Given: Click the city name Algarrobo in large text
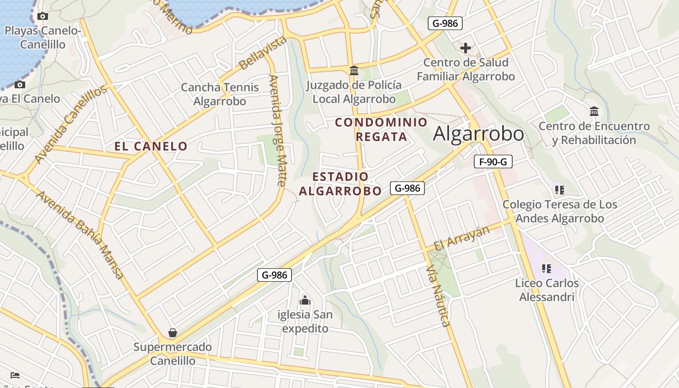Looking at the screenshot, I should [x=478, y=134].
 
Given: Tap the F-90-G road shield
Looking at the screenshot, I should [x=493, y=162].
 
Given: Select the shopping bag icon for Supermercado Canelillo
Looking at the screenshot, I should [x=172, y=333].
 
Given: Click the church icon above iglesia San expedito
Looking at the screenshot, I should [x=305, y=300].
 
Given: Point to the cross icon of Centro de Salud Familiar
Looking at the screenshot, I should [x=466, y=48].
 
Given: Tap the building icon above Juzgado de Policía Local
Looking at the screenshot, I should [x=354, y=71].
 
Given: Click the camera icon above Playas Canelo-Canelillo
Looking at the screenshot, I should [x=43, y=16].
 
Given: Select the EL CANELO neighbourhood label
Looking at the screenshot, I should [x=151, y=146].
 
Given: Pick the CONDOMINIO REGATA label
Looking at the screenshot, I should [x=381, y=129].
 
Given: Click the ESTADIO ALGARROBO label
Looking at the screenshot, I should [x=340, y=184].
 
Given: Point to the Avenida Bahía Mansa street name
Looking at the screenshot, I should [x=80, y=234].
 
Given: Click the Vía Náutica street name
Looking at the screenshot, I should [x=438, y=296].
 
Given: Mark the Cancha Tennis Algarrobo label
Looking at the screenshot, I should [x=220, y=94].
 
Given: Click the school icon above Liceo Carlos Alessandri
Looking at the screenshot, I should [x=547, y=269].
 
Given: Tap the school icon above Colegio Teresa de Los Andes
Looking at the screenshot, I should [x=560, y=190].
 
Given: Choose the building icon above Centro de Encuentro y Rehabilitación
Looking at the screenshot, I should [x=594, y=112].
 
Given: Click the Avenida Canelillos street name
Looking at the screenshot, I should [x=71, y=125].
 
